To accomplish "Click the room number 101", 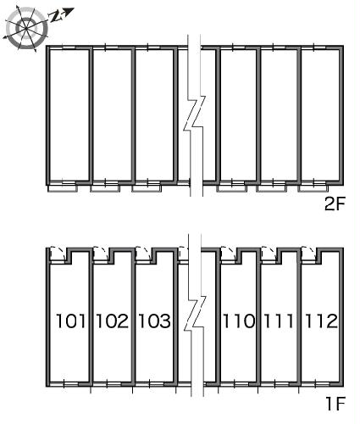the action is pyautogui.click(x=71, y=321).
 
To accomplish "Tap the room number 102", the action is pyautogui.click(x=113, y=321).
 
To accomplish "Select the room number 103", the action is pyautogui.click(x=154, y=321).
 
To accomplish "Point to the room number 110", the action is pyautogui.click(x=239, y=321).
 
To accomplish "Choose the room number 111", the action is pyautogui.click(x=279, y=321).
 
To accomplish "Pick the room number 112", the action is pyautogui.click(x=321, y=321).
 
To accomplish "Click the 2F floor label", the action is pyautogui.click(x=335, y=204).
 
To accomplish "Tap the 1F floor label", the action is pyautogui.click(x=336, y=404).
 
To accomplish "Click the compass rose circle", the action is pyautogui.click(x=26, y=28).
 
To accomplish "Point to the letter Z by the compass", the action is pyautogui.click(x=56, y=17).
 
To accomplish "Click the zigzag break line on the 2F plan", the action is pyautogui.click(x=195, y=113).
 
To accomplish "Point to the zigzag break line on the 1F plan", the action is pyautogui.click(x=195, y=314).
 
